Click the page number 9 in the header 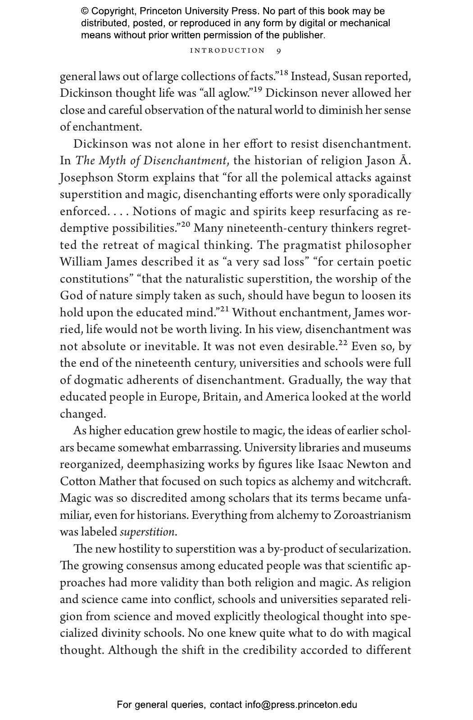[x=279, y=51]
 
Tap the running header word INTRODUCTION [x=227, y=51]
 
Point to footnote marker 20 [x=186, y=225]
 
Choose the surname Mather [x=117, y=481]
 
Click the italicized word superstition [x=147, y=532]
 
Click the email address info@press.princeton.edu [x=301, y=705]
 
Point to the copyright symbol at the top [x=85, y=11]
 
